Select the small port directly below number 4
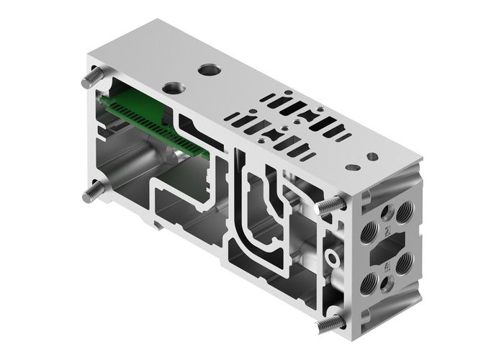[387, 285]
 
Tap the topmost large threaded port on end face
[405, 209]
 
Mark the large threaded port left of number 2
[370, 230]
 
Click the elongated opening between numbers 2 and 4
[387, 249]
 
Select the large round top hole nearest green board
[174, 87]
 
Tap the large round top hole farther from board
[210, 71]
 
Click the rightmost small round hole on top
[372, 156]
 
